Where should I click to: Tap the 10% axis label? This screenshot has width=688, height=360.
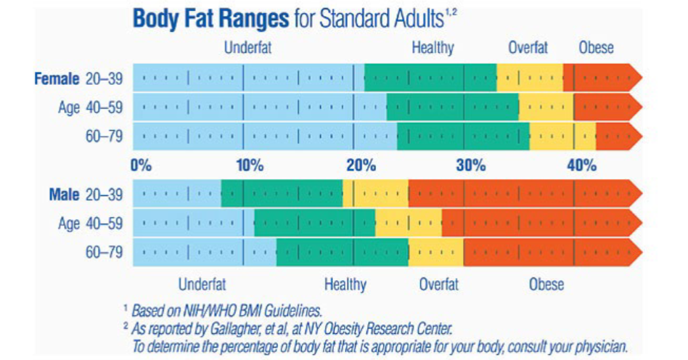(249, 165)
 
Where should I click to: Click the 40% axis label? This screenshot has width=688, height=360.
(581, 165)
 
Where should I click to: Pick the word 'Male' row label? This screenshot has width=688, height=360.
(64, 195)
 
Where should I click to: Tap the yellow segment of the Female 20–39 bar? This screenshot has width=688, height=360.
(530, 78)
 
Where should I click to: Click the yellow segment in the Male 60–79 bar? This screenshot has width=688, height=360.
(436, 252)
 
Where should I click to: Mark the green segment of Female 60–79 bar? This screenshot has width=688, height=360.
(463, 136)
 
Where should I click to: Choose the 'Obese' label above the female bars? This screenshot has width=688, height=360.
(596, 49)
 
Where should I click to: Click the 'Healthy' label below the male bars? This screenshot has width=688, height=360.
(345, 284)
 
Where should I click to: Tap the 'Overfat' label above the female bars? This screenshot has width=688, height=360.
(528, 49)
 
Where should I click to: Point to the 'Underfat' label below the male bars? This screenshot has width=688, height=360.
(202, 284)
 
